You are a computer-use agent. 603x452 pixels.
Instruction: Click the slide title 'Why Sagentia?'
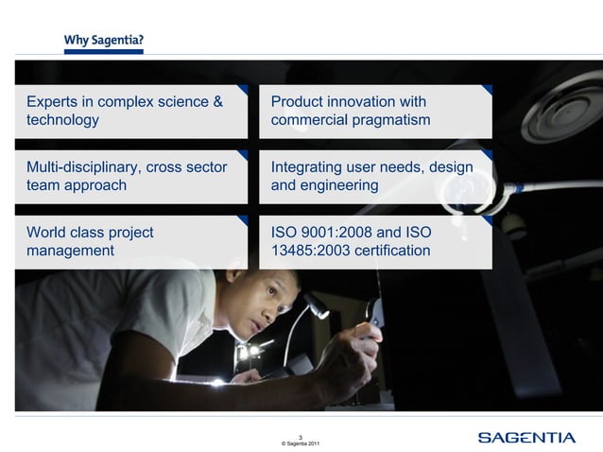pos(104,41)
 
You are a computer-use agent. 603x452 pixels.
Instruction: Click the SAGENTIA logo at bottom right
pos(526,437)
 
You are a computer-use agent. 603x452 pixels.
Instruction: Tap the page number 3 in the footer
pos(301,436)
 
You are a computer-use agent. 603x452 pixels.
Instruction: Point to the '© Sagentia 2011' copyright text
pos(301,443)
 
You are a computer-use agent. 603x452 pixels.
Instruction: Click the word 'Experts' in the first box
pos(52,102)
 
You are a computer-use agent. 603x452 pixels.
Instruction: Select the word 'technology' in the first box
pos(62,121)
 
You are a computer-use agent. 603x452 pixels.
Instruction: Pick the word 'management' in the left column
pos(71,252)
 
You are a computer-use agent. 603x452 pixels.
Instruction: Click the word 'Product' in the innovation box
pos(298,102)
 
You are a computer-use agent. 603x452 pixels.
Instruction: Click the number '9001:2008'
pos(339,233)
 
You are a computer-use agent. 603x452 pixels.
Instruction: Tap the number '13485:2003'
pos(311,252)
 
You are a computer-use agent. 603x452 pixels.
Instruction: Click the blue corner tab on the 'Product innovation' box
pos(486,91)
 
